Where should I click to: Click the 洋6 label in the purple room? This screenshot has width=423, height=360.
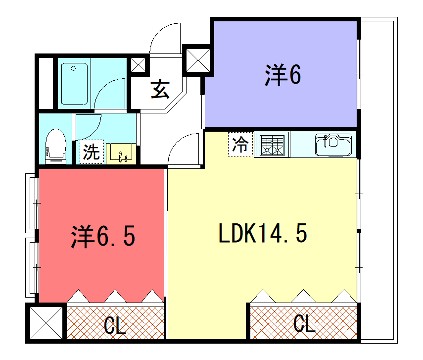(x=283, y=75)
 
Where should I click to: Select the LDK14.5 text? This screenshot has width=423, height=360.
(x=262, y=236)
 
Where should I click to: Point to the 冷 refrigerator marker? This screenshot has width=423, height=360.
(x=240, y=144)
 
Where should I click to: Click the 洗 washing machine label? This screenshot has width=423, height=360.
(x=91, y=153)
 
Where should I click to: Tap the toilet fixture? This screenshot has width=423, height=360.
(x=56, y=144)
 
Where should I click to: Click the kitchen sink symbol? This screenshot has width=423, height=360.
(x=334, y=144)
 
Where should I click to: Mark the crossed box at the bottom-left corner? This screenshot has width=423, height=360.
(x=45, y=324)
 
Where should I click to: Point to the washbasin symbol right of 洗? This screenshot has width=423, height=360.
(x=122, y=154)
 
